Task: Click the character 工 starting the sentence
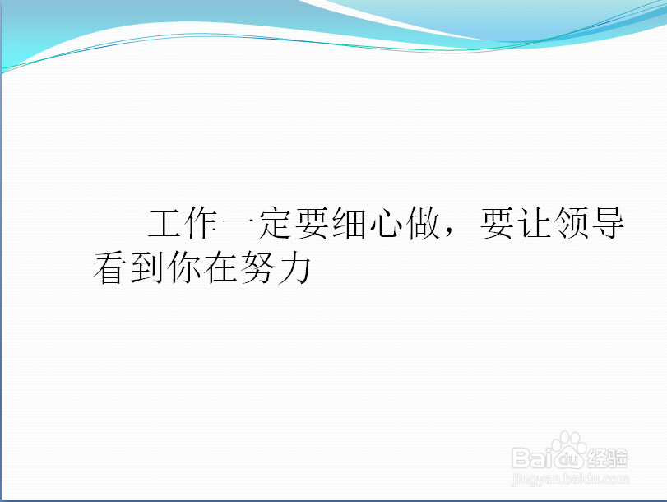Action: pyautogui.click(x=164, y=225)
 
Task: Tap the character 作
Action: pyautogui.click(x=201, y=225)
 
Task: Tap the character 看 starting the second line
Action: pyautogui.click(x=109, y=269)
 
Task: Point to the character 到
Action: pyautogui.click(x=146, y=269)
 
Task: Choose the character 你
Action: pyautogui.click(x=183, y=269)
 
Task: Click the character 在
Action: pyautogui.click(x=220, y=269)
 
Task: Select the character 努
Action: pyautogui.click(x=257, y=269)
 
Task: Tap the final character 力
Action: pyautogui.click(x=294, y=269)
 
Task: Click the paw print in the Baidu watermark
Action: pyautogui.click(x=569, y=450)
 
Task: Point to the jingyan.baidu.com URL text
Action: pyautogui.click(x=570, y=476)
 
